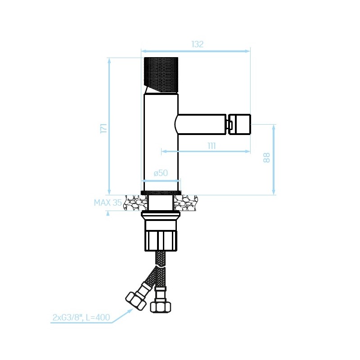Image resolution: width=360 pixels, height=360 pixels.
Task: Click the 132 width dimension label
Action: [198, 44]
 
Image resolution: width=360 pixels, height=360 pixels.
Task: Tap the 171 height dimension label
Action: [104, 128]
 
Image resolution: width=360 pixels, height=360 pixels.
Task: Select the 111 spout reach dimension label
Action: [211, 146]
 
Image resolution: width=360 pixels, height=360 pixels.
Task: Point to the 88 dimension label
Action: [266, 157]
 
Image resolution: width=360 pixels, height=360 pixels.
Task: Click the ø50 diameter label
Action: [161, 173]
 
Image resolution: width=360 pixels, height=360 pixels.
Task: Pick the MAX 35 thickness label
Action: [108, 202]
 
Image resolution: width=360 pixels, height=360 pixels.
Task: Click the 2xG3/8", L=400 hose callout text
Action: [81, 317]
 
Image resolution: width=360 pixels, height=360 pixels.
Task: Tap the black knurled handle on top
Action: [161, 75]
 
